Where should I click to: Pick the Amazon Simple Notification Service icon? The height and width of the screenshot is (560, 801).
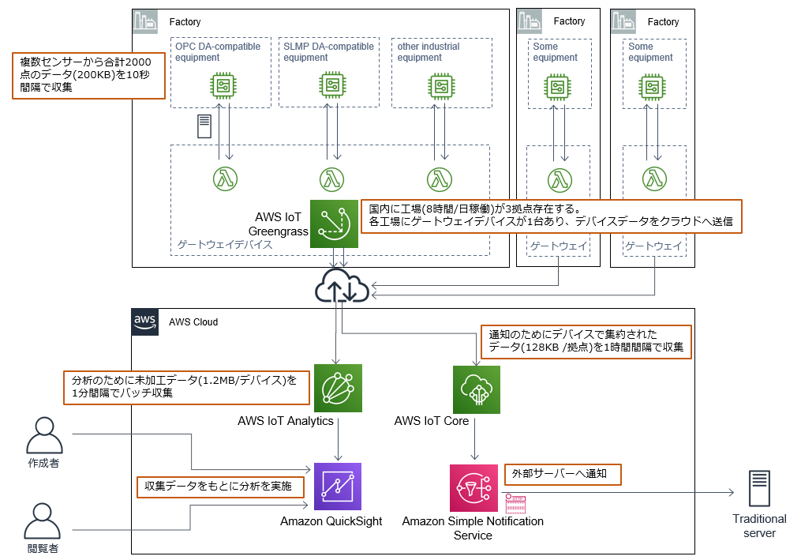click(473, 488)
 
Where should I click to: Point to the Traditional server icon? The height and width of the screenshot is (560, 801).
click(759, 489)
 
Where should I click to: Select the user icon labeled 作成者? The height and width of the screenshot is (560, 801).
click(43, 435)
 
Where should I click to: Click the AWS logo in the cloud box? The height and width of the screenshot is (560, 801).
click(145, 321)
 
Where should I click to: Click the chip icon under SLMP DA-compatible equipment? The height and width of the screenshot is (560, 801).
click(332, 85)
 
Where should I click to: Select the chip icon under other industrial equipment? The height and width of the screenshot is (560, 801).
click(440, 85)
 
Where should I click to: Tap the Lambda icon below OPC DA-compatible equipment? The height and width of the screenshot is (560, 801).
click(225, 179)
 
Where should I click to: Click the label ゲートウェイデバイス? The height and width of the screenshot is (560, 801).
click(223, 245)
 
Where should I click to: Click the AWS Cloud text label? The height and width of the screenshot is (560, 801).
click(193, 322)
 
